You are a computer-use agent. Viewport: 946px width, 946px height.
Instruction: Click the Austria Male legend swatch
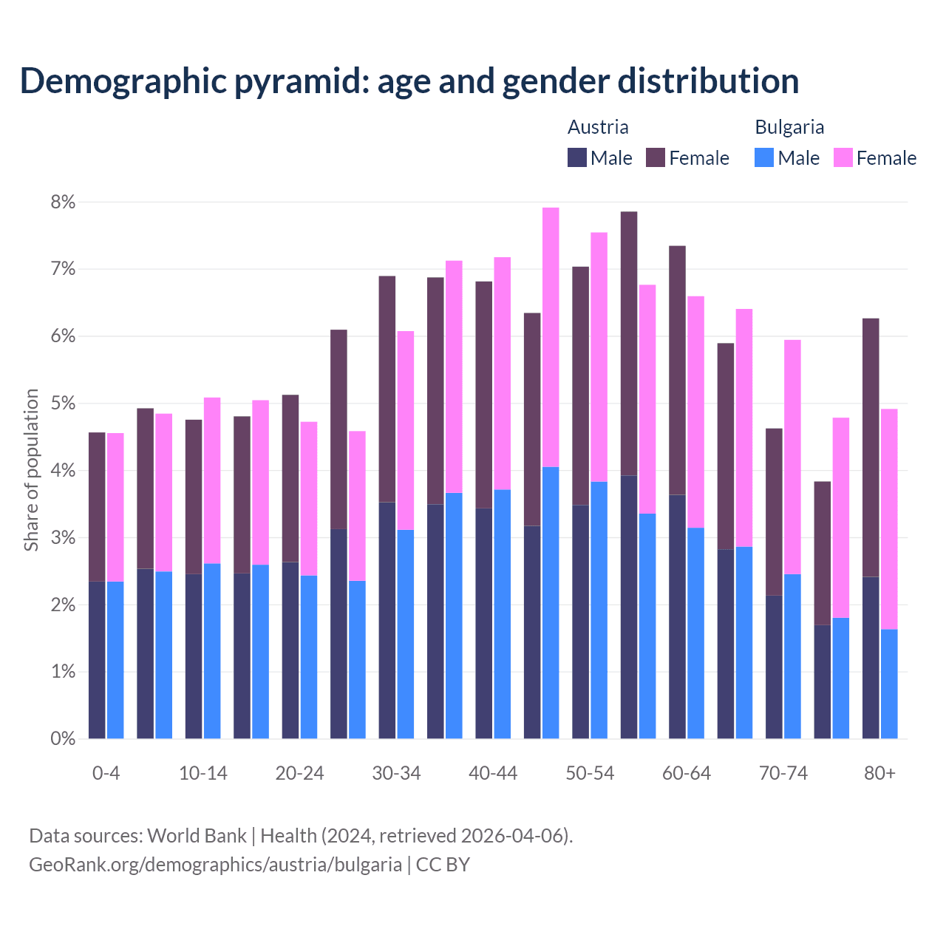click(577, 157)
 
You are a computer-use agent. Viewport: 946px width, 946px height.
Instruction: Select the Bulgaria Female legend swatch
click(843, 157)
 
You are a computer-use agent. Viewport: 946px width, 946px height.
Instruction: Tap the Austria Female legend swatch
click(656, 157)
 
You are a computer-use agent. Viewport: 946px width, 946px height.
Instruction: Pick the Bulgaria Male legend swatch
click(764, 157)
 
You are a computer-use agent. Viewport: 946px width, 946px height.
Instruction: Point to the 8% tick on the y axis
click(63, 203)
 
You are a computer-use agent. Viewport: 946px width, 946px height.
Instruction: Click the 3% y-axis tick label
click(63, 538)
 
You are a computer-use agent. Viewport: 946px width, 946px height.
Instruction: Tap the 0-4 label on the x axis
click(106, 773)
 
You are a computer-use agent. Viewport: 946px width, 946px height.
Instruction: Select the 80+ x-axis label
click(879, 773)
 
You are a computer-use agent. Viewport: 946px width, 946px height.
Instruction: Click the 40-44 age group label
click(493, 773)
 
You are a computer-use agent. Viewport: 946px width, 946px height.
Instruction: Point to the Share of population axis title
click(31, 470)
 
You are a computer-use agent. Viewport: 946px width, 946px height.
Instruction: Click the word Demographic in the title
click(122, 81)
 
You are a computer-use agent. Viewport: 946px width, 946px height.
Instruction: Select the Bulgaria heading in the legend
click(789, 127)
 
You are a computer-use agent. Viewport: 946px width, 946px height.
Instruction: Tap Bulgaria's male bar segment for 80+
click(889, 684)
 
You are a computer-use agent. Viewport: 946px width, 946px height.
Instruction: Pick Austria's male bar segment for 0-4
click(97, 660)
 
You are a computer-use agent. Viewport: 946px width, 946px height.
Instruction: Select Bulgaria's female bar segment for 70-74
click(792, 457)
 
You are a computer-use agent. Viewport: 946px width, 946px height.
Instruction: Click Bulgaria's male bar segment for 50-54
click(599, 610)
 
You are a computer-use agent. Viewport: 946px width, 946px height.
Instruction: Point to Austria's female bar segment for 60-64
click(677, 370)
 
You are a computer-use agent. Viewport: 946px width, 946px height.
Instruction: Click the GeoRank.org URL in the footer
click(215, 864)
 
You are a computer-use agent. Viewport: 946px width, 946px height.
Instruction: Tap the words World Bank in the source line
click(197, 836)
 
